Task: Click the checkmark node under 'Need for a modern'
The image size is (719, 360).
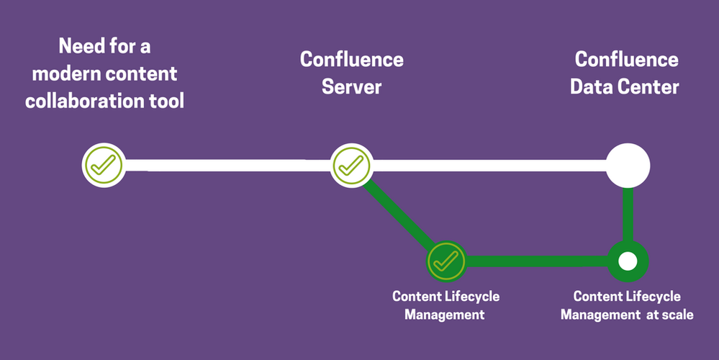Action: [x=103, y=165]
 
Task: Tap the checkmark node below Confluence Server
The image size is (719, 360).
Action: [x=351, y=165]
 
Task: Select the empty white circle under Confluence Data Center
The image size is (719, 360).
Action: [x=628, y=165]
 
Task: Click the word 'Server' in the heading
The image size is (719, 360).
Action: [x=351, y=87]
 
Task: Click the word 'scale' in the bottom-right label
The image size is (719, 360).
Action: [x=677, y=315]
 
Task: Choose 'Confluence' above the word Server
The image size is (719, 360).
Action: [x=351, y=60]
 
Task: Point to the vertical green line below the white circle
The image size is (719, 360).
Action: [x=628, y=215]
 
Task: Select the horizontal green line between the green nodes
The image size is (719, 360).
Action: [x=536, y=261]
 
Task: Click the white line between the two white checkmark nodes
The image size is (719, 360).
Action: [x=227, y=165]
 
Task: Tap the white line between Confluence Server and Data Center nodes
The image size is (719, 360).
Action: [x=489, y=165]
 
